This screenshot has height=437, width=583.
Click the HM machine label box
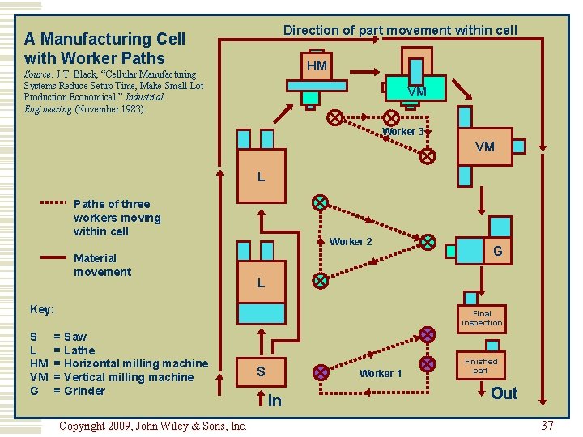317,66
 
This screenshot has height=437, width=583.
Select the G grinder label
497,251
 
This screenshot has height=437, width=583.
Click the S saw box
261,371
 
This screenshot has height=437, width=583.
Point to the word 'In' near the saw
274,401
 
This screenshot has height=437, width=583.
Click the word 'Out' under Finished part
504,393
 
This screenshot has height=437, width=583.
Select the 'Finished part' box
481,366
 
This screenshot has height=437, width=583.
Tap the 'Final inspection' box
482,318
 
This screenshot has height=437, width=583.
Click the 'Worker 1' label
381,373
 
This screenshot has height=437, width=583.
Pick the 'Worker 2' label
351,241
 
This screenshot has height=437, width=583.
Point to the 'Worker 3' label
402,132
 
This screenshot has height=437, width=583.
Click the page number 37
547,425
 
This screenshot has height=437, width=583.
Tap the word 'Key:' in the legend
42,309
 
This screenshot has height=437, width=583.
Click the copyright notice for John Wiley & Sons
153,425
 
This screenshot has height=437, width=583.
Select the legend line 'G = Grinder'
68,391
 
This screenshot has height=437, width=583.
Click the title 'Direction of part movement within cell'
400,30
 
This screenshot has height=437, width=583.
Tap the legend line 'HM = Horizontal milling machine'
118,363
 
